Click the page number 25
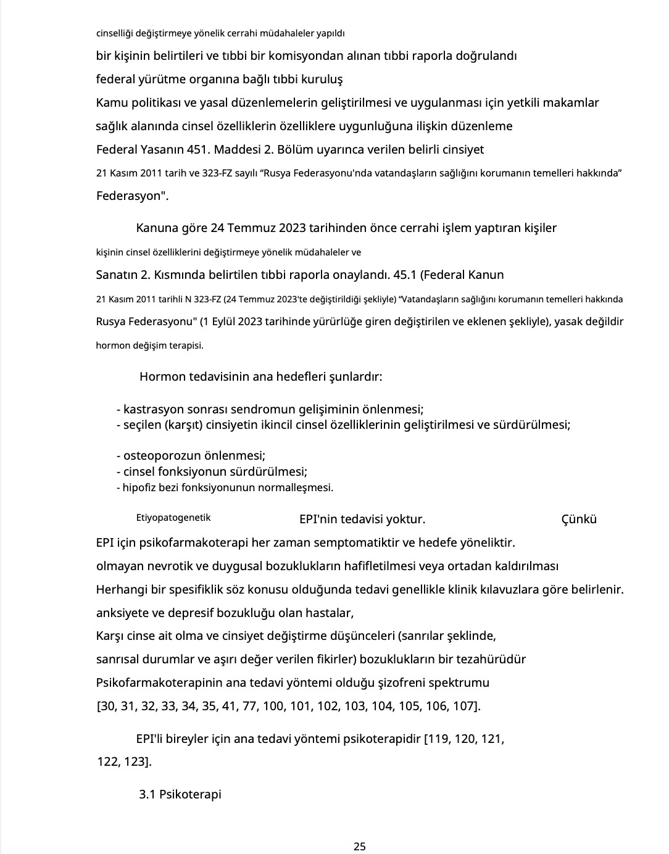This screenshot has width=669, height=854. (360, 846)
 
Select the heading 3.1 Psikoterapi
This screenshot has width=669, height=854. (180, 794)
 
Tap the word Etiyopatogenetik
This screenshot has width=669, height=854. (173, 518)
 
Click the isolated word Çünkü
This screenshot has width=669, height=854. (579, 519)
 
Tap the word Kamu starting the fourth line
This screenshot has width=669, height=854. (109, 103)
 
